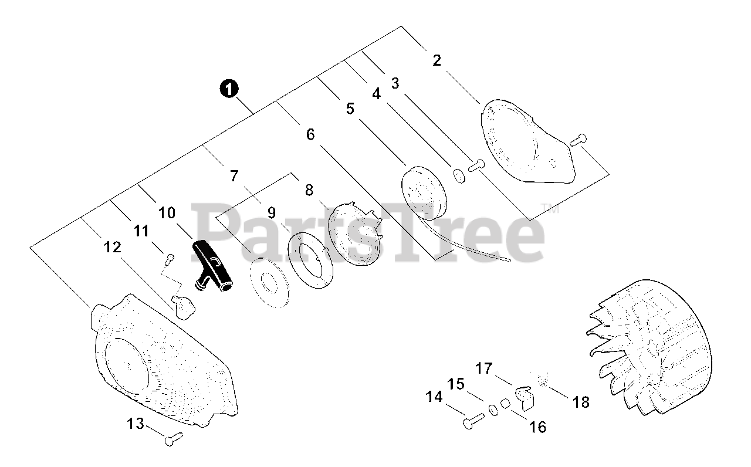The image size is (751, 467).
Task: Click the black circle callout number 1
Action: click(x=229, y=89)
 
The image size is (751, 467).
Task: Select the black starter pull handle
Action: click(x=212, y=268)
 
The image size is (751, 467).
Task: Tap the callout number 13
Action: click(x=136, y=423)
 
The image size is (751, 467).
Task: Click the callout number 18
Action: click(x=581, y=402)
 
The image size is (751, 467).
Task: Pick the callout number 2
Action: click(x=437, y=60)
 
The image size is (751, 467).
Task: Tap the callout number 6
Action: click(x=310, y=134)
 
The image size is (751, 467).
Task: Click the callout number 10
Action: click(x=167, y=212)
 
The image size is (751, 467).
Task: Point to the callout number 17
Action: click(x=484, y=369)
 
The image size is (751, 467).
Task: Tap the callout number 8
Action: click(x=309, y=190)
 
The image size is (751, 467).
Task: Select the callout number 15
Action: click(x=456, y=385)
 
